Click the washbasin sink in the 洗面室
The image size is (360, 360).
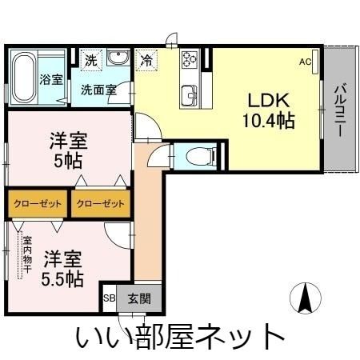click(118, 59)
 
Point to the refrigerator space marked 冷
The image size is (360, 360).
click(147, 59)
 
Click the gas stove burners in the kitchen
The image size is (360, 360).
click(190, 61)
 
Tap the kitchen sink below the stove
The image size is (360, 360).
click(190, 93)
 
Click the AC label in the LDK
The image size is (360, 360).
click(306, 61)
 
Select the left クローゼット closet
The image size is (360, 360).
click(38, 204)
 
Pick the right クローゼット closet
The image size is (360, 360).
click(101, 204)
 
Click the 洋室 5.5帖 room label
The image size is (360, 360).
click(63, 268)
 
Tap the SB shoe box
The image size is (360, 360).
click(108, 299)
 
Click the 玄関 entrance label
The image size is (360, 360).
click(138, 299)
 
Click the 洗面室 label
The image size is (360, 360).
click(98, 90)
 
